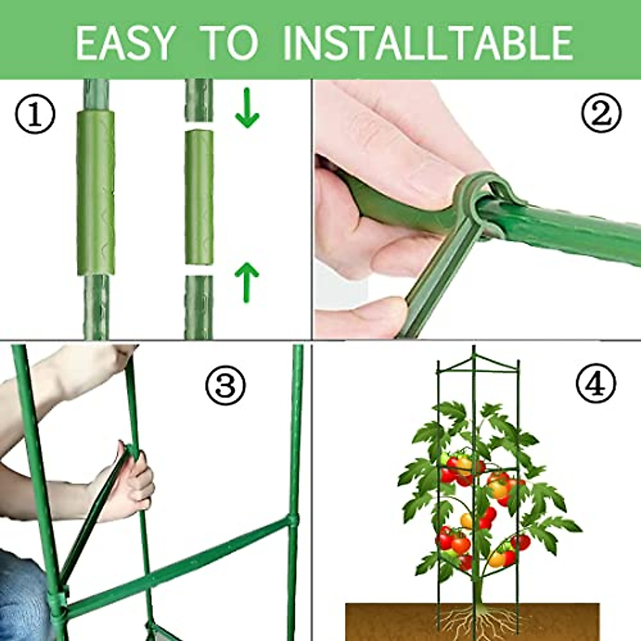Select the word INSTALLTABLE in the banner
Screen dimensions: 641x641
pyautogui.click(x=427, y=42)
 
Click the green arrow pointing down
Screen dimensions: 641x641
pyautogui.click(x=247, y=109)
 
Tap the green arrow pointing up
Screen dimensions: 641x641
pyautogui.click(x=247, y=281)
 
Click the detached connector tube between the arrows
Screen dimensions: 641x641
pyautogui.click(x=199, y=197)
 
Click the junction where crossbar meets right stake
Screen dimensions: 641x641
pyautogui.click(x=293, y=521)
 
